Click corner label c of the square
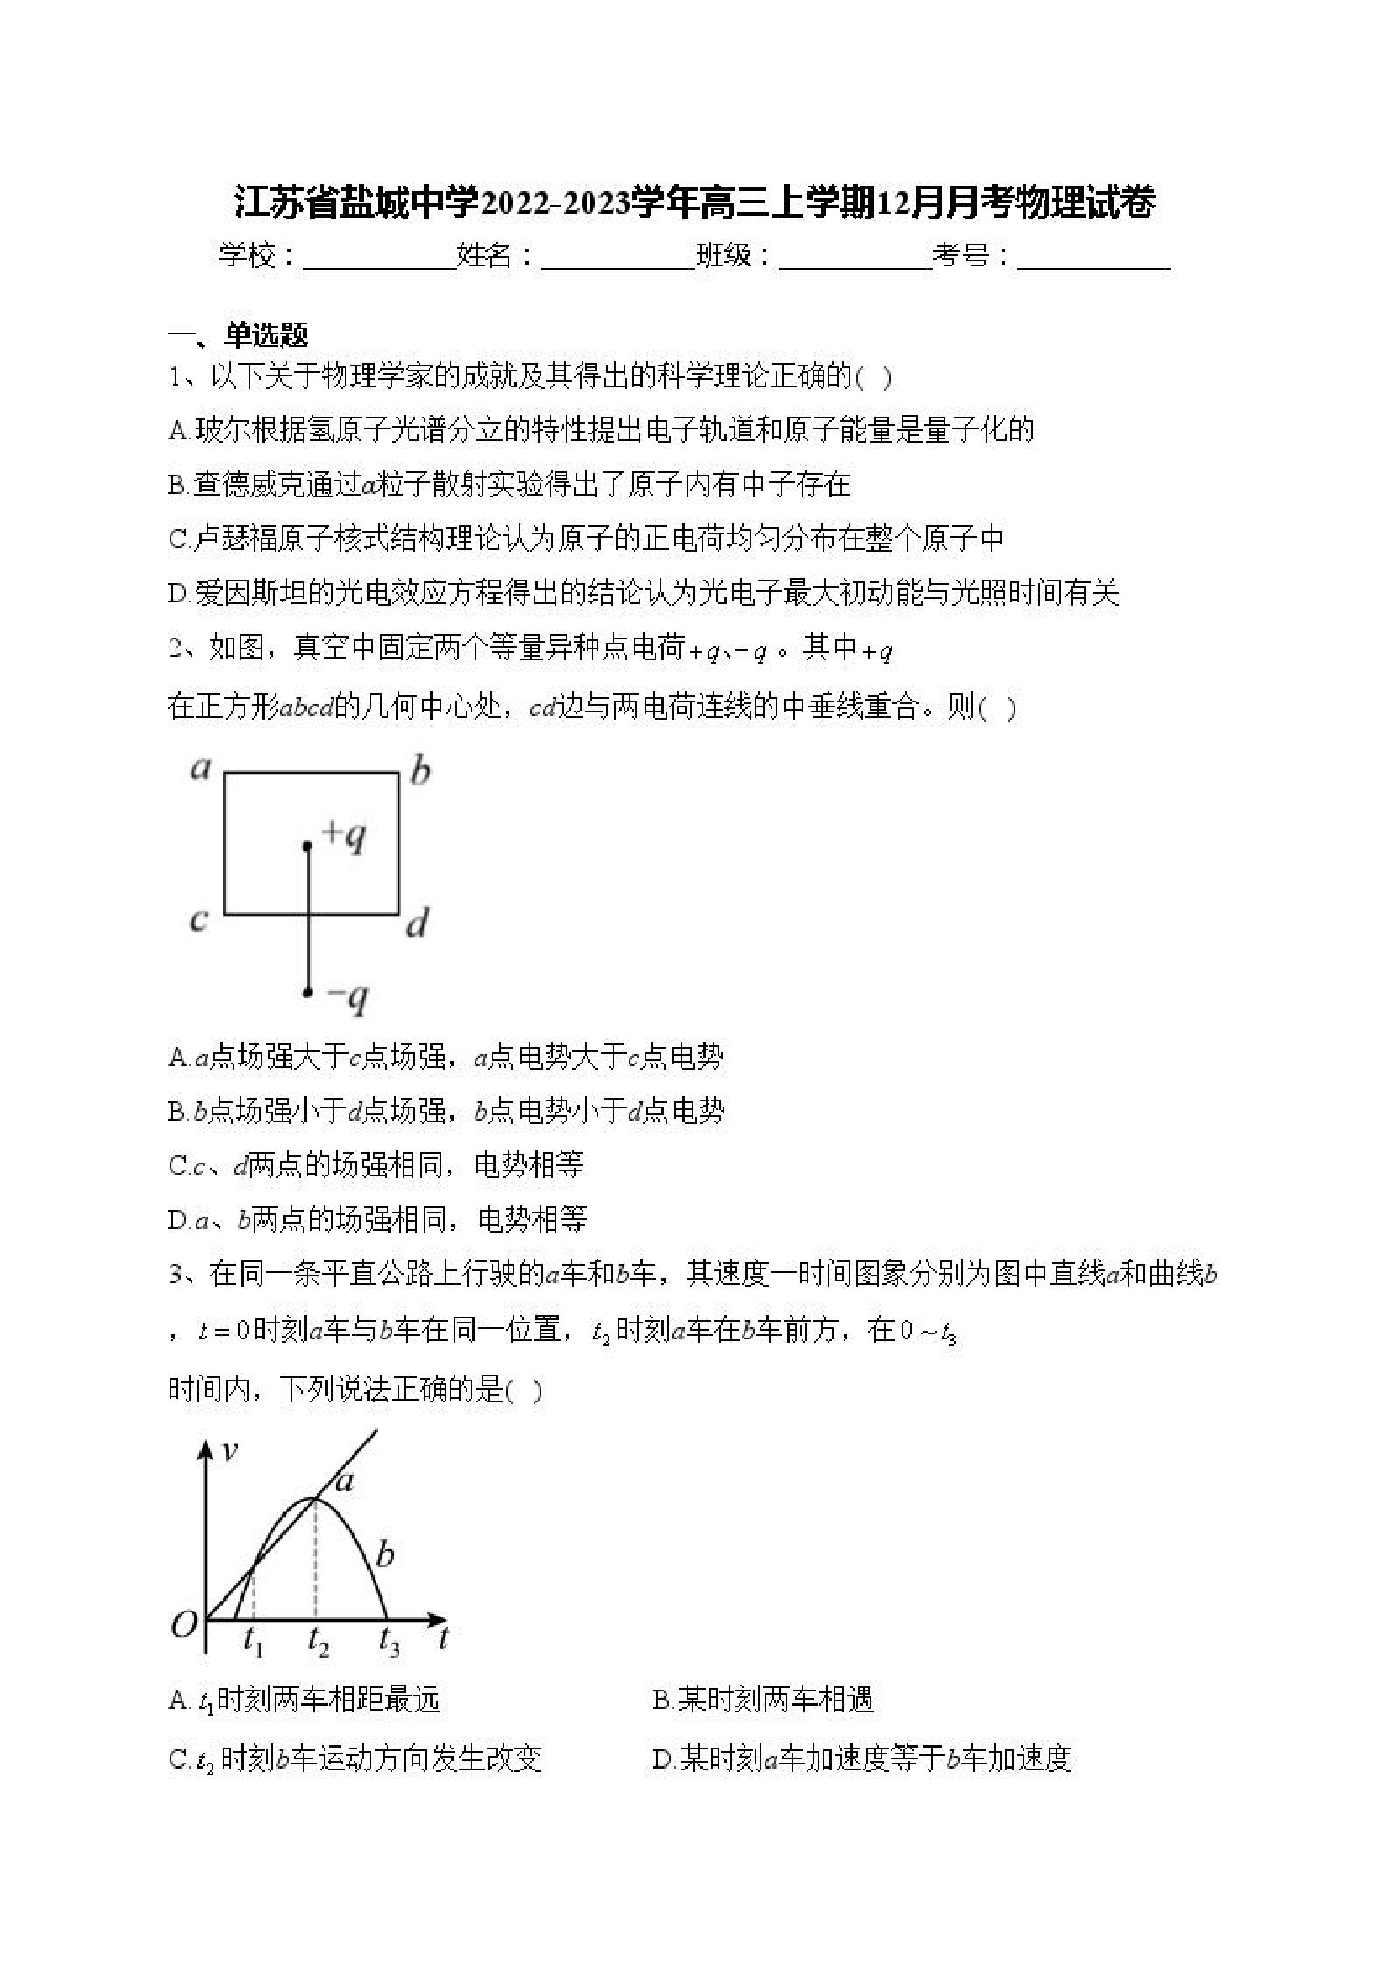(198, 921)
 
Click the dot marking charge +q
(308, 846)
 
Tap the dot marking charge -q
(308, 992)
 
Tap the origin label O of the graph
(184, 1623)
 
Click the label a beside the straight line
(345, 1480)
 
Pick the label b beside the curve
(386, 1553)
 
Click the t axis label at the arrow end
(443, 1638)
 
